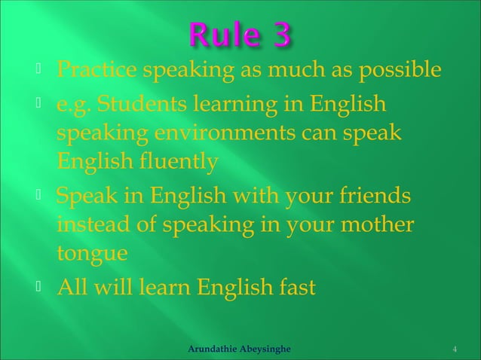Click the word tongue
[87, 254]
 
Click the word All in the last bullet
[72, 287]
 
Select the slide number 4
[455, 349]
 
